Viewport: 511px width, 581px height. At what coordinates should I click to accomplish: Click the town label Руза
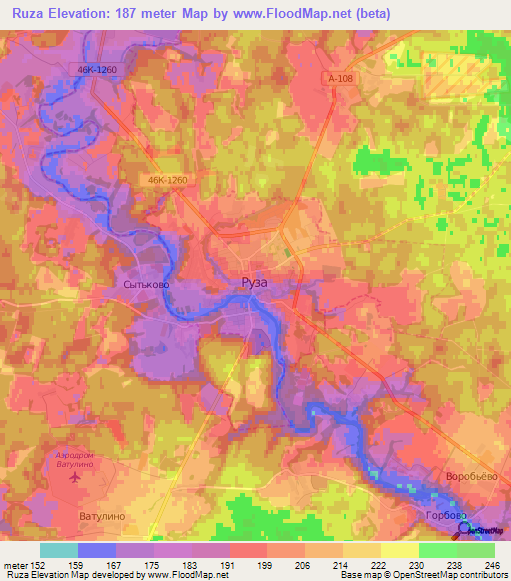pos(255,284)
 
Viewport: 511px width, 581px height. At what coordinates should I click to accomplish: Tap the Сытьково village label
pos(147,285)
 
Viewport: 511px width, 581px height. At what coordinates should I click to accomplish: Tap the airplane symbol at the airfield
pos(76,476)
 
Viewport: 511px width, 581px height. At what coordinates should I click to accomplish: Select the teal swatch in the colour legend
pos(58,550)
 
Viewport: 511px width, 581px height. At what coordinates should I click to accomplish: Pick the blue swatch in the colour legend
pos(96,550)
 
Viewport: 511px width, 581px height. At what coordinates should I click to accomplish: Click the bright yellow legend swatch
pos(399,550)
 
